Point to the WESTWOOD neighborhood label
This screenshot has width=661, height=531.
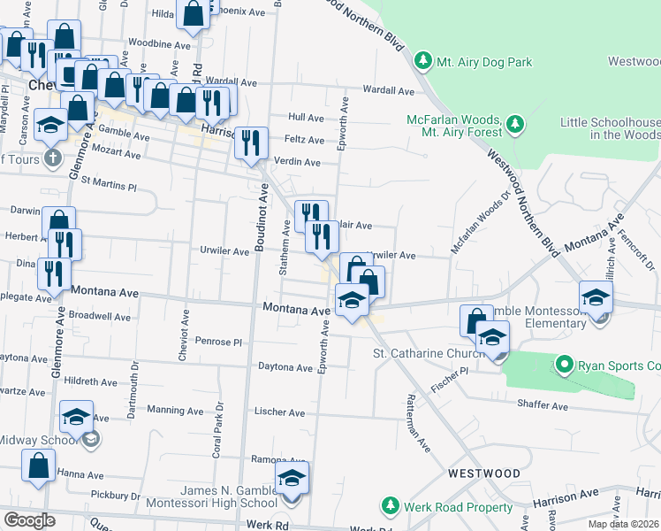point(483,473)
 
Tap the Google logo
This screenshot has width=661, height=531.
point(30,519)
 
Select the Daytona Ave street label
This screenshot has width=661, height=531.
point(285,366)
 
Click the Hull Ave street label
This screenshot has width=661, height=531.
point(307,117)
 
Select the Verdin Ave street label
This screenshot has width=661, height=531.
point(300,162)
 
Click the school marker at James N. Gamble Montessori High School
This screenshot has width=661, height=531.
point(293,480)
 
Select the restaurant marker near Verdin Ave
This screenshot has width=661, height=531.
point(251,142)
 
